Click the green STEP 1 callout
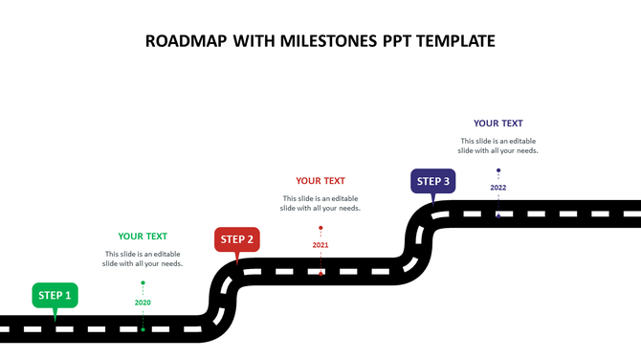coord(55,295)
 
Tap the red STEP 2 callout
coord(236,239)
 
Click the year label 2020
coord(143,303)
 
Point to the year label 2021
coord(320,245)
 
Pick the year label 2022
coord(498,188)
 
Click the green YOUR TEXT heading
coord(143,236)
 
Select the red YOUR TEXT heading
coord(320,180)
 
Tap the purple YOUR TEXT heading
coord(498,123)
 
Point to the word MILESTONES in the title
coord(328,40)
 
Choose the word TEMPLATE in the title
coord(453,40)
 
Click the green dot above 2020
coord(143,282)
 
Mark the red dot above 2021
coord(320,228)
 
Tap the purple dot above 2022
coord(498,170)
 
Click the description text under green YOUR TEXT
coord(143,259)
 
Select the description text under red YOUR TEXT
coord(320,203)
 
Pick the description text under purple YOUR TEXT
coord(498,146)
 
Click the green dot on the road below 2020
coord(143,329)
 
